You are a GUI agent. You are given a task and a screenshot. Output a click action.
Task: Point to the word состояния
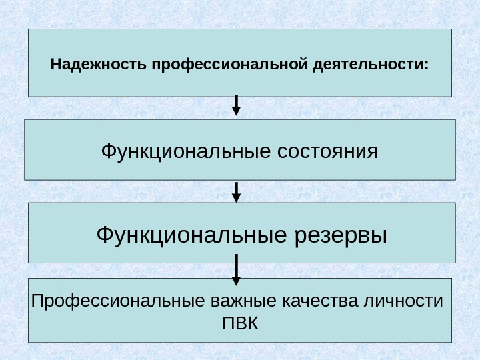click(326, 151)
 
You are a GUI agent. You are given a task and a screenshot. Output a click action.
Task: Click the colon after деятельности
click(427, 67)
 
